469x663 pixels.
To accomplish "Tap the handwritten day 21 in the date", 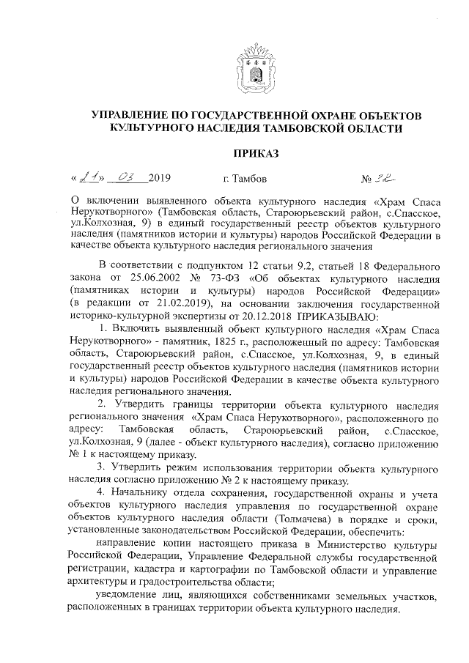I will [89, 177].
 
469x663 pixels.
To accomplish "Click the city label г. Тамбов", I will [243, 179].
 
